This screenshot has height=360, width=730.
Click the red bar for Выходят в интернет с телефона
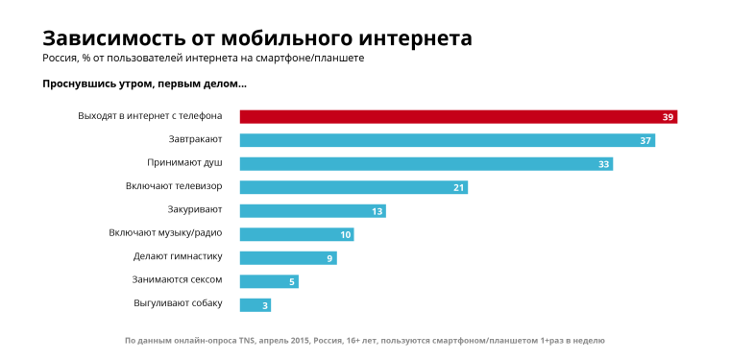[x=458, y=117]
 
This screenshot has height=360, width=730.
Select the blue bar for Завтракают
[x=448, y=140]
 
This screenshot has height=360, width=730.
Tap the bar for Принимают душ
[x=426, y=164]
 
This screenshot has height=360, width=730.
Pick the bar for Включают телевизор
[x=353, y=187]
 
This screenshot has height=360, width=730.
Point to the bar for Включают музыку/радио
[x=296, y=234]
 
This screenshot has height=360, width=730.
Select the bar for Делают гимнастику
[x=287, y=257]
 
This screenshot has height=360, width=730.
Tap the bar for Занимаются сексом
[x=268, y=281]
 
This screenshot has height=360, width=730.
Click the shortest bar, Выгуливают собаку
[x=255, y=304]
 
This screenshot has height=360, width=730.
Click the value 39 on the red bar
[x=668, y=117]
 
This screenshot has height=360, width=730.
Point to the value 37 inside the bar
[x=645, y=141]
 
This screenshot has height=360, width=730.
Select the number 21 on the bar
[x=458, y=187]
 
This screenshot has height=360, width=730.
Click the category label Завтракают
[x=195, y=140]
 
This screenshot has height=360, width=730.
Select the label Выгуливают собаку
[x=178, y=303]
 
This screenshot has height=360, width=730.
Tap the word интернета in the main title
[x=415, y=38]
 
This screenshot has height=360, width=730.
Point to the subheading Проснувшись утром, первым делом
[x=144, y=84]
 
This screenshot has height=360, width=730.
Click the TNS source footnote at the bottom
[x=365, y=341]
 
